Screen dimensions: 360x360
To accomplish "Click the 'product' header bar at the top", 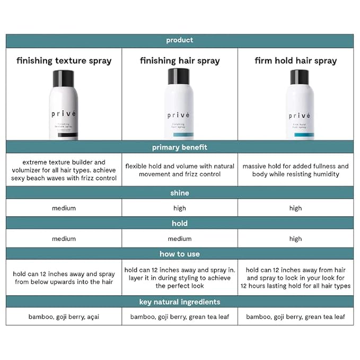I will pyautogui.click(x=180, y=40).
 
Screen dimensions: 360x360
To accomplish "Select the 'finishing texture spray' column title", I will pyautogui.click(x=64, y=60).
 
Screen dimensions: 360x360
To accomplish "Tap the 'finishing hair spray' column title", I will pyautogui.click(x=180, y=60).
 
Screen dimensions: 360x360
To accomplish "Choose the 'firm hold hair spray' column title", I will pyautogui.click(x=295, y=60).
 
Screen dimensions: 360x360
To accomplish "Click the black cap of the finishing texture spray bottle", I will pyautogui.click(x=64, y=78).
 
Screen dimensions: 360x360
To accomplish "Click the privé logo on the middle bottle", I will pyautogui.click(x=179, y=115).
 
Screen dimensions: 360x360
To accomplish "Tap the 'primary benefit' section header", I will pyautogui.click(x=180, y=147).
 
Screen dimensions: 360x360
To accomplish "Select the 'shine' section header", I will pyautogui.click(x=180, y=193).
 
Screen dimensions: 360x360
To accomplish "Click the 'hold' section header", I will pyautogui.click(x=180, y=223).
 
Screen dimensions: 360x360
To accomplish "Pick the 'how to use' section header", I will pyautogui.click(x=180, y=254).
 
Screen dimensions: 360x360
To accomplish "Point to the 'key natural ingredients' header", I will pyautogui.click(x=180, y=302).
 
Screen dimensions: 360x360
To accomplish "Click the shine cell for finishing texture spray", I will pyautogui.click(x=64, y=208).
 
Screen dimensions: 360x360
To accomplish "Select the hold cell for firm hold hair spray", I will pyautogui.click(x=295, y=239).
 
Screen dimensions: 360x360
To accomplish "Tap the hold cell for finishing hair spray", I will pyautogui.click(x=180, y=239).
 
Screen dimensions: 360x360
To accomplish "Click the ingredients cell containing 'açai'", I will pyautogui.click(x=64, y=317).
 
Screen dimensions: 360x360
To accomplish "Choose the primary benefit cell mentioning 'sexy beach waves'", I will pyautogui.click(x=64, y=170).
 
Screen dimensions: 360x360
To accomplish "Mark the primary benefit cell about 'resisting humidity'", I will pyautogui.click(x=295, y=170).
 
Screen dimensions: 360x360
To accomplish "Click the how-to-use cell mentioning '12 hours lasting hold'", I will pyautogui.click(x=295, y=278).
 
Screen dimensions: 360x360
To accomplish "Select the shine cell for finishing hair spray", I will pyautogui.click(x=180, y=208).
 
